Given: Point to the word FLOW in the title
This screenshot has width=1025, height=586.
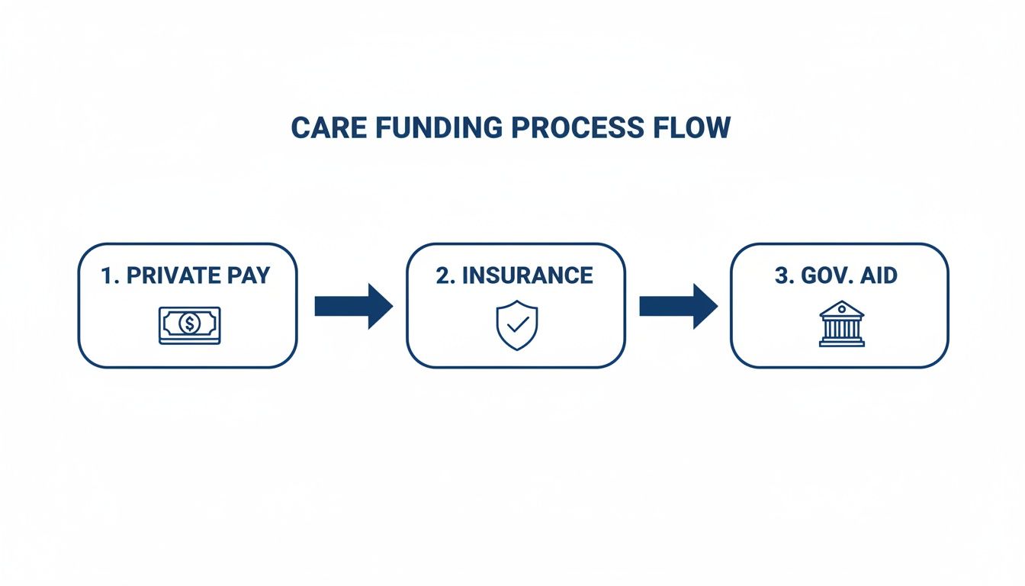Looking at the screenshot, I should tap(691, 128).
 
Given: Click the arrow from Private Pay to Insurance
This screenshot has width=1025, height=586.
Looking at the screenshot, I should tap(353, 306).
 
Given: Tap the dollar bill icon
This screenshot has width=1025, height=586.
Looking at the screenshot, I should tap(189, 325).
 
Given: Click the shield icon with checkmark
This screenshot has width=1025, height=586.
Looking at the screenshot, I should tap(516, 325).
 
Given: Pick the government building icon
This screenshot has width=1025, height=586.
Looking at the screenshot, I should tap(841, 324).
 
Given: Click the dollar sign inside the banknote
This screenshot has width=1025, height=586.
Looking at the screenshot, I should tap(189, 325).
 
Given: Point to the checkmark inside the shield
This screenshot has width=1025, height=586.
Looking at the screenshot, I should tap(517, 325).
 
